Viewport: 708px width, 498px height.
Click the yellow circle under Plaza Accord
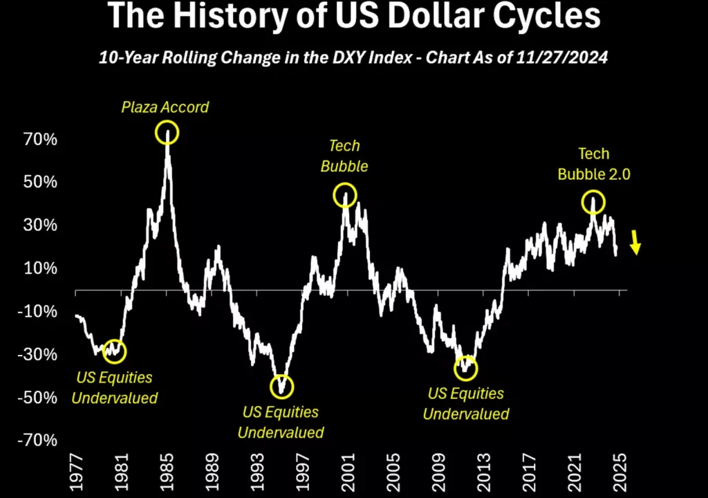(167, 132)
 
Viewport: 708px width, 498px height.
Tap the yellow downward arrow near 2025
(635, 243)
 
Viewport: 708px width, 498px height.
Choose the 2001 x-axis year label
(347, 472)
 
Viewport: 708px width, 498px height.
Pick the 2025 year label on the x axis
(619, 472)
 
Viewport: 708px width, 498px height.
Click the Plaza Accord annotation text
(165, 107)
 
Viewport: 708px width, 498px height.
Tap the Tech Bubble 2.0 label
(594, 164)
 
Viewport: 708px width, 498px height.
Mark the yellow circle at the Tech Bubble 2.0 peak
(593, 202)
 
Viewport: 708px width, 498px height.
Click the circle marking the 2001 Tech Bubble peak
(345, 195)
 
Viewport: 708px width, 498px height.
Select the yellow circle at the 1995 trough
(282, 386)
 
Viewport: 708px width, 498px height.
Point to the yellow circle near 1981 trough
(115, 351)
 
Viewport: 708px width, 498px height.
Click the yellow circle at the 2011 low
(466, 367)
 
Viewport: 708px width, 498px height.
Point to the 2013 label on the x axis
(483, 472)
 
